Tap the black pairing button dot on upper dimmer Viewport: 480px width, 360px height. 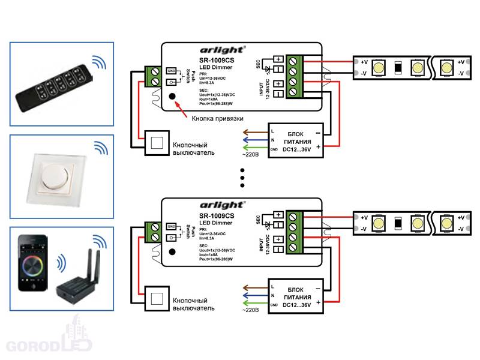[x=172, y=97]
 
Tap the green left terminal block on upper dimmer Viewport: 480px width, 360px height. [x=153, y=75]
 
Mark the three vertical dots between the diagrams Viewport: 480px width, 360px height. [x=242, y=178]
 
